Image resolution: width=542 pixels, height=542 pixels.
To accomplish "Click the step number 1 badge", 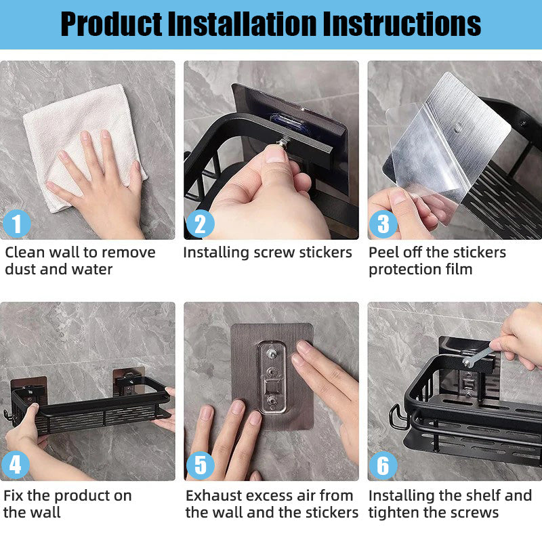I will [16, 224].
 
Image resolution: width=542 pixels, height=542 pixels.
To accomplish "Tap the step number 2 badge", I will [200, 224].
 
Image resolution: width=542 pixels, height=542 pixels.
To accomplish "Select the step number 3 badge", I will [383, 224].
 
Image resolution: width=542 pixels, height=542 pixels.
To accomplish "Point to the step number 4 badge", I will [16, 465].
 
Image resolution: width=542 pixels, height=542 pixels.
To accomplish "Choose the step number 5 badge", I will [200, 465].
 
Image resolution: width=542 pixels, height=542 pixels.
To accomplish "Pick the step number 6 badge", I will [383, 465].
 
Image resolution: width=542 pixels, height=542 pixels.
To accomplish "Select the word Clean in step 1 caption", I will [24, 253].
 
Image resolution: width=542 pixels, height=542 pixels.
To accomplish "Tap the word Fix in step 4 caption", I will [14, 495].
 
